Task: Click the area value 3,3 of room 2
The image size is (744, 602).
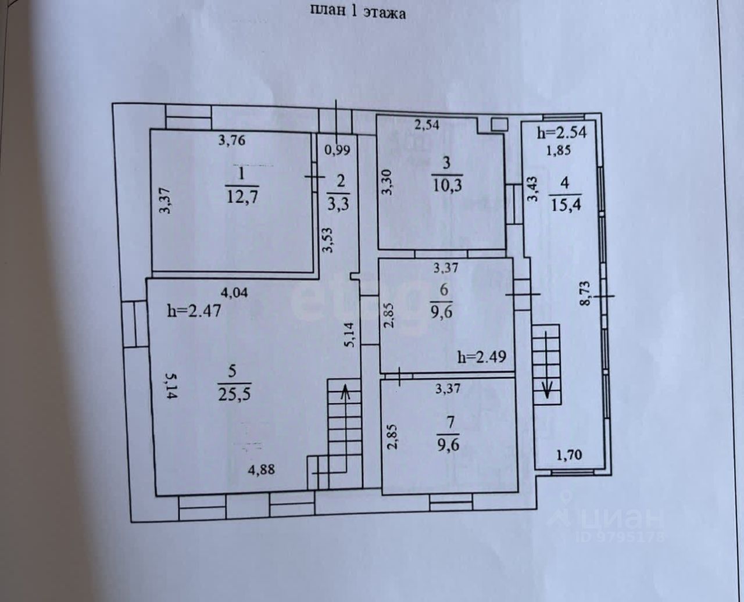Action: click(339, 203)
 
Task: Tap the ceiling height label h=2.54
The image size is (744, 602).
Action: click(562, 132)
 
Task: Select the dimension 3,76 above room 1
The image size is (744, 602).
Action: click(231, 139)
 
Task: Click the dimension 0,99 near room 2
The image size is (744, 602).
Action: click(337, 149)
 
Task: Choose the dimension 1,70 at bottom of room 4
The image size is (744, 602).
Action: click(570, 456)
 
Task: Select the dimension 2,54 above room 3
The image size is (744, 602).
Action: click(426, 124)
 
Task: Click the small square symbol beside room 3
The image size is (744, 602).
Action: click(498, 124)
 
